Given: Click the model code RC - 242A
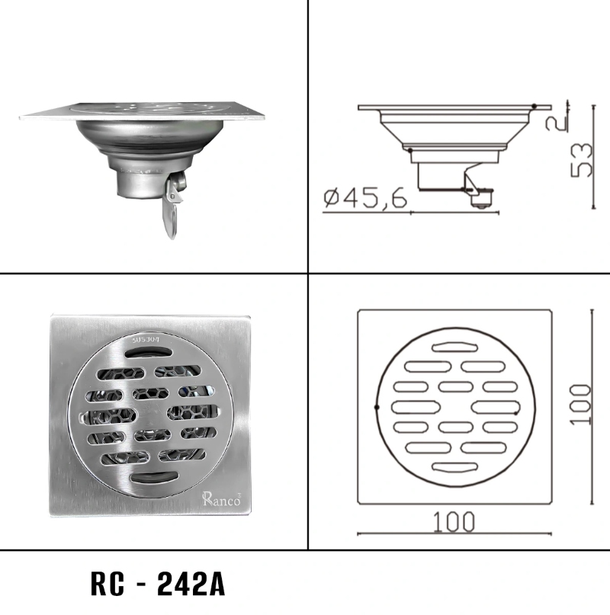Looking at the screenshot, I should (157, 585).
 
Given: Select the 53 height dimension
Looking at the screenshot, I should (582, 159).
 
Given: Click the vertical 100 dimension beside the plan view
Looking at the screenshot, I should (581, 403).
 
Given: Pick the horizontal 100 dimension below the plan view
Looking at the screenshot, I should (454, 522).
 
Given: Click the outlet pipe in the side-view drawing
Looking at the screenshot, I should (438, 179).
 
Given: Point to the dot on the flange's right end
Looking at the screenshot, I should (535, 106).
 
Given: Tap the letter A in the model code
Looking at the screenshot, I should (214, 585).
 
